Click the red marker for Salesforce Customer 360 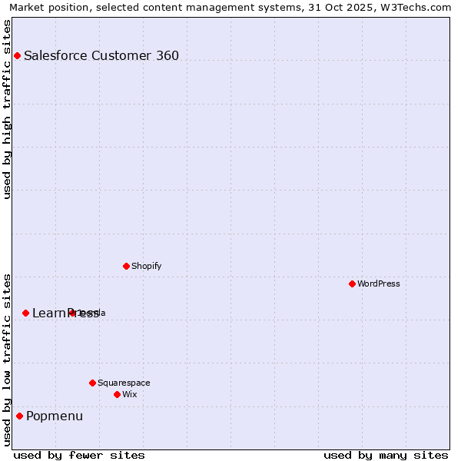(17, 55)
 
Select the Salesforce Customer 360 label (101, 55)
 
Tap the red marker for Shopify (126, 266)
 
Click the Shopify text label (146, 266)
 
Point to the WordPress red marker (352, 284)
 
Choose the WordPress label (379, 284)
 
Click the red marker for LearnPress (25, 313)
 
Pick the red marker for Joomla (72, 313)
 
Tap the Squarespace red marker (92, 383)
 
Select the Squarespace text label (124, 383)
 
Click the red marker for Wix (117, 394)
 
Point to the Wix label (130, 394)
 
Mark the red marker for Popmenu (19, 416)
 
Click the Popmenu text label (55, 416)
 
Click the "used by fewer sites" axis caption (79, 455)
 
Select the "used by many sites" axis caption (386, 455)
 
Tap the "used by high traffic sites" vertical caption (8, 109)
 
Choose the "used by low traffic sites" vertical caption (8, 359)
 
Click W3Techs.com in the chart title (420, 7)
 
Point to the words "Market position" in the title (43, 7)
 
